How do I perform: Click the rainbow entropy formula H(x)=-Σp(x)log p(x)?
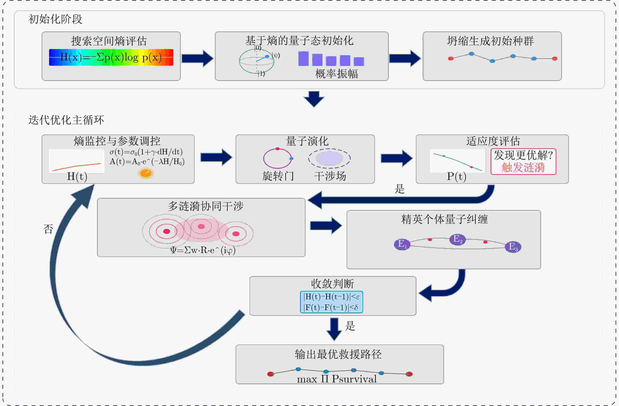point(111,57)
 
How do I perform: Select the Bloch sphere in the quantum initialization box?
point(256,61)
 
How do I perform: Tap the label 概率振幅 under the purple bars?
point(336,74)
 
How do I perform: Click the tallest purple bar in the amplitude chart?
point(303,58)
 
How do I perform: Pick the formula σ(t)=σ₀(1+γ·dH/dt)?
point(146,152)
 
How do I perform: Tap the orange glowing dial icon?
point(146,173)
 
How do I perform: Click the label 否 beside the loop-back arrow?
point(48,229)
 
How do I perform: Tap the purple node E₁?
point(402,244)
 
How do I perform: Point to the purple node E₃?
point(513,247)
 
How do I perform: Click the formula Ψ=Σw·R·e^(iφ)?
point(203,250)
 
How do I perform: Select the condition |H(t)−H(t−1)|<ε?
point(331,297)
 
